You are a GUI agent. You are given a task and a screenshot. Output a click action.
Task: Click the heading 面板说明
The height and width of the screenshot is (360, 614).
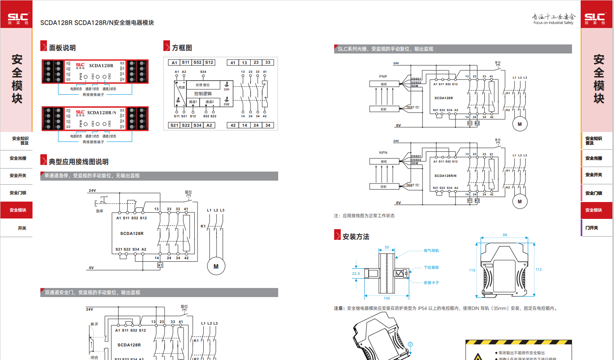(x=62, y=48)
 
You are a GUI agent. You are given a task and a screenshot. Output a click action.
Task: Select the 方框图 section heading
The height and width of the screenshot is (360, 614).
(x=182, y=48)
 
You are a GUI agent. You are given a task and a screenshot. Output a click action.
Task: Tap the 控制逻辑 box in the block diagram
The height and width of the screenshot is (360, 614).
(x=203, y=93)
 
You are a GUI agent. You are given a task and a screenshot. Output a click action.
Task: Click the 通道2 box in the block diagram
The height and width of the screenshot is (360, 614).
(x=210, y=102)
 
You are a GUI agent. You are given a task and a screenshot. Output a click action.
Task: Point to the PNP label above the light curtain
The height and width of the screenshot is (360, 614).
(x=383, y=77)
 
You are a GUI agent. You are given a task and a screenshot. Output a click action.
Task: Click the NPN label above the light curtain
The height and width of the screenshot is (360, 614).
(x=383, y=153)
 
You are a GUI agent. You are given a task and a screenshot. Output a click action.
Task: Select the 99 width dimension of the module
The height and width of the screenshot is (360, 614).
(x=505, y=235)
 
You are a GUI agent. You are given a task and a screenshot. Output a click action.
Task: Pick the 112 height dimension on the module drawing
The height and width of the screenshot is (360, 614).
(x=539, y=269)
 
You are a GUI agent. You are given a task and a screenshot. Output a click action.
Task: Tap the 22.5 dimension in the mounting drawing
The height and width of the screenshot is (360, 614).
(x=356, y=274)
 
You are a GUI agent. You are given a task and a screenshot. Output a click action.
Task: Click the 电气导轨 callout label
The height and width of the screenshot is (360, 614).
(x=431, y=251)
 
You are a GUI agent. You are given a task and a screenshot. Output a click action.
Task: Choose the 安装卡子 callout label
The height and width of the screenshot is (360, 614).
(x=431, y=283)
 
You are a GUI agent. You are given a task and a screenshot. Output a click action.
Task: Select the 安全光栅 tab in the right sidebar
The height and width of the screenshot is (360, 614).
(x=594, y=158)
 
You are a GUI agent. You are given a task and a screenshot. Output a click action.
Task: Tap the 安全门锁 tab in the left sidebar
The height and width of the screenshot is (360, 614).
(x=18, y=193)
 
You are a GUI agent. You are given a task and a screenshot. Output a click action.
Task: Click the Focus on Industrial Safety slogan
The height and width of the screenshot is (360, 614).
(x=553, y=23)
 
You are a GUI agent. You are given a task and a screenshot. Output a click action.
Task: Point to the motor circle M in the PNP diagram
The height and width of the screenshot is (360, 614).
(x=520, y=124)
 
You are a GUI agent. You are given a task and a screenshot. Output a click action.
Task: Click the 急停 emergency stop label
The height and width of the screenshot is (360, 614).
(x=100, y=211)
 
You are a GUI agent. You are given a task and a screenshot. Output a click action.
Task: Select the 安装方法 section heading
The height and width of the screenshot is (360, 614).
(x=356, y=237)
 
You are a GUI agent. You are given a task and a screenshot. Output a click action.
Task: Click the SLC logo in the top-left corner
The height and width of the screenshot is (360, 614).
(x=18, y=18)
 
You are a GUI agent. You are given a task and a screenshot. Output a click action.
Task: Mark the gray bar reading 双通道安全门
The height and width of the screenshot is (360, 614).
(x=159, y=293)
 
